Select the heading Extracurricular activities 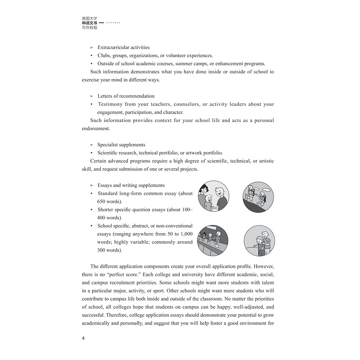(x=123, y=47)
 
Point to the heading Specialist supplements (x=121, y=145)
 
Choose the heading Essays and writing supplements (x=131, y=185)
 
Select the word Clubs (x=104, y=55)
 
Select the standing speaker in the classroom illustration (x=219, y=236)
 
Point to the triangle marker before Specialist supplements (x=92, y=145)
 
